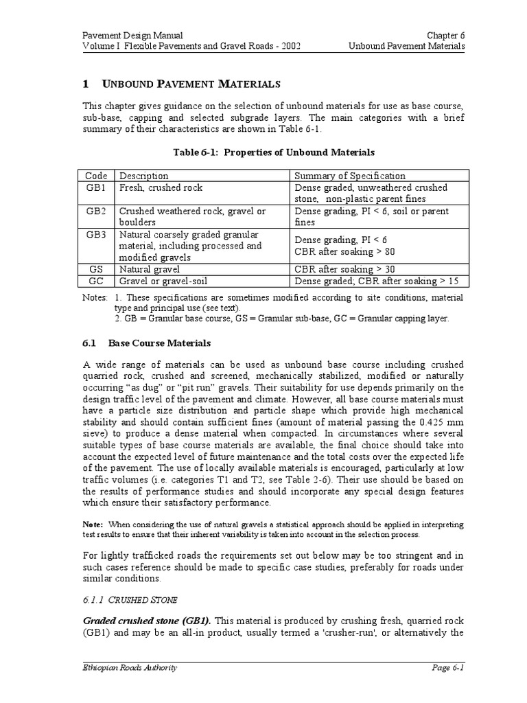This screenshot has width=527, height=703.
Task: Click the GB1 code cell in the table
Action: pos(96,187)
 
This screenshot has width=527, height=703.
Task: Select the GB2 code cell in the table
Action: pos(96,211)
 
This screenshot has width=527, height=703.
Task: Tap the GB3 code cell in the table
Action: pos(96,234)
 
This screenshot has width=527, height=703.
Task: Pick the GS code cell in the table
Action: pos(96,269)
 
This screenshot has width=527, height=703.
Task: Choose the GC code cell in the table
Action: pos(96,281)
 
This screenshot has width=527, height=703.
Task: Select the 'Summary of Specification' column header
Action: pos(350,176)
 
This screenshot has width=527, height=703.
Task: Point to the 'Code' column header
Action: pos(96,176)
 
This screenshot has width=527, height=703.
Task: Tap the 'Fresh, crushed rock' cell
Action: pos(161,187)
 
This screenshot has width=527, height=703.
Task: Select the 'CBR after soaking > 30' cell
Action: pos(344,269)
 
